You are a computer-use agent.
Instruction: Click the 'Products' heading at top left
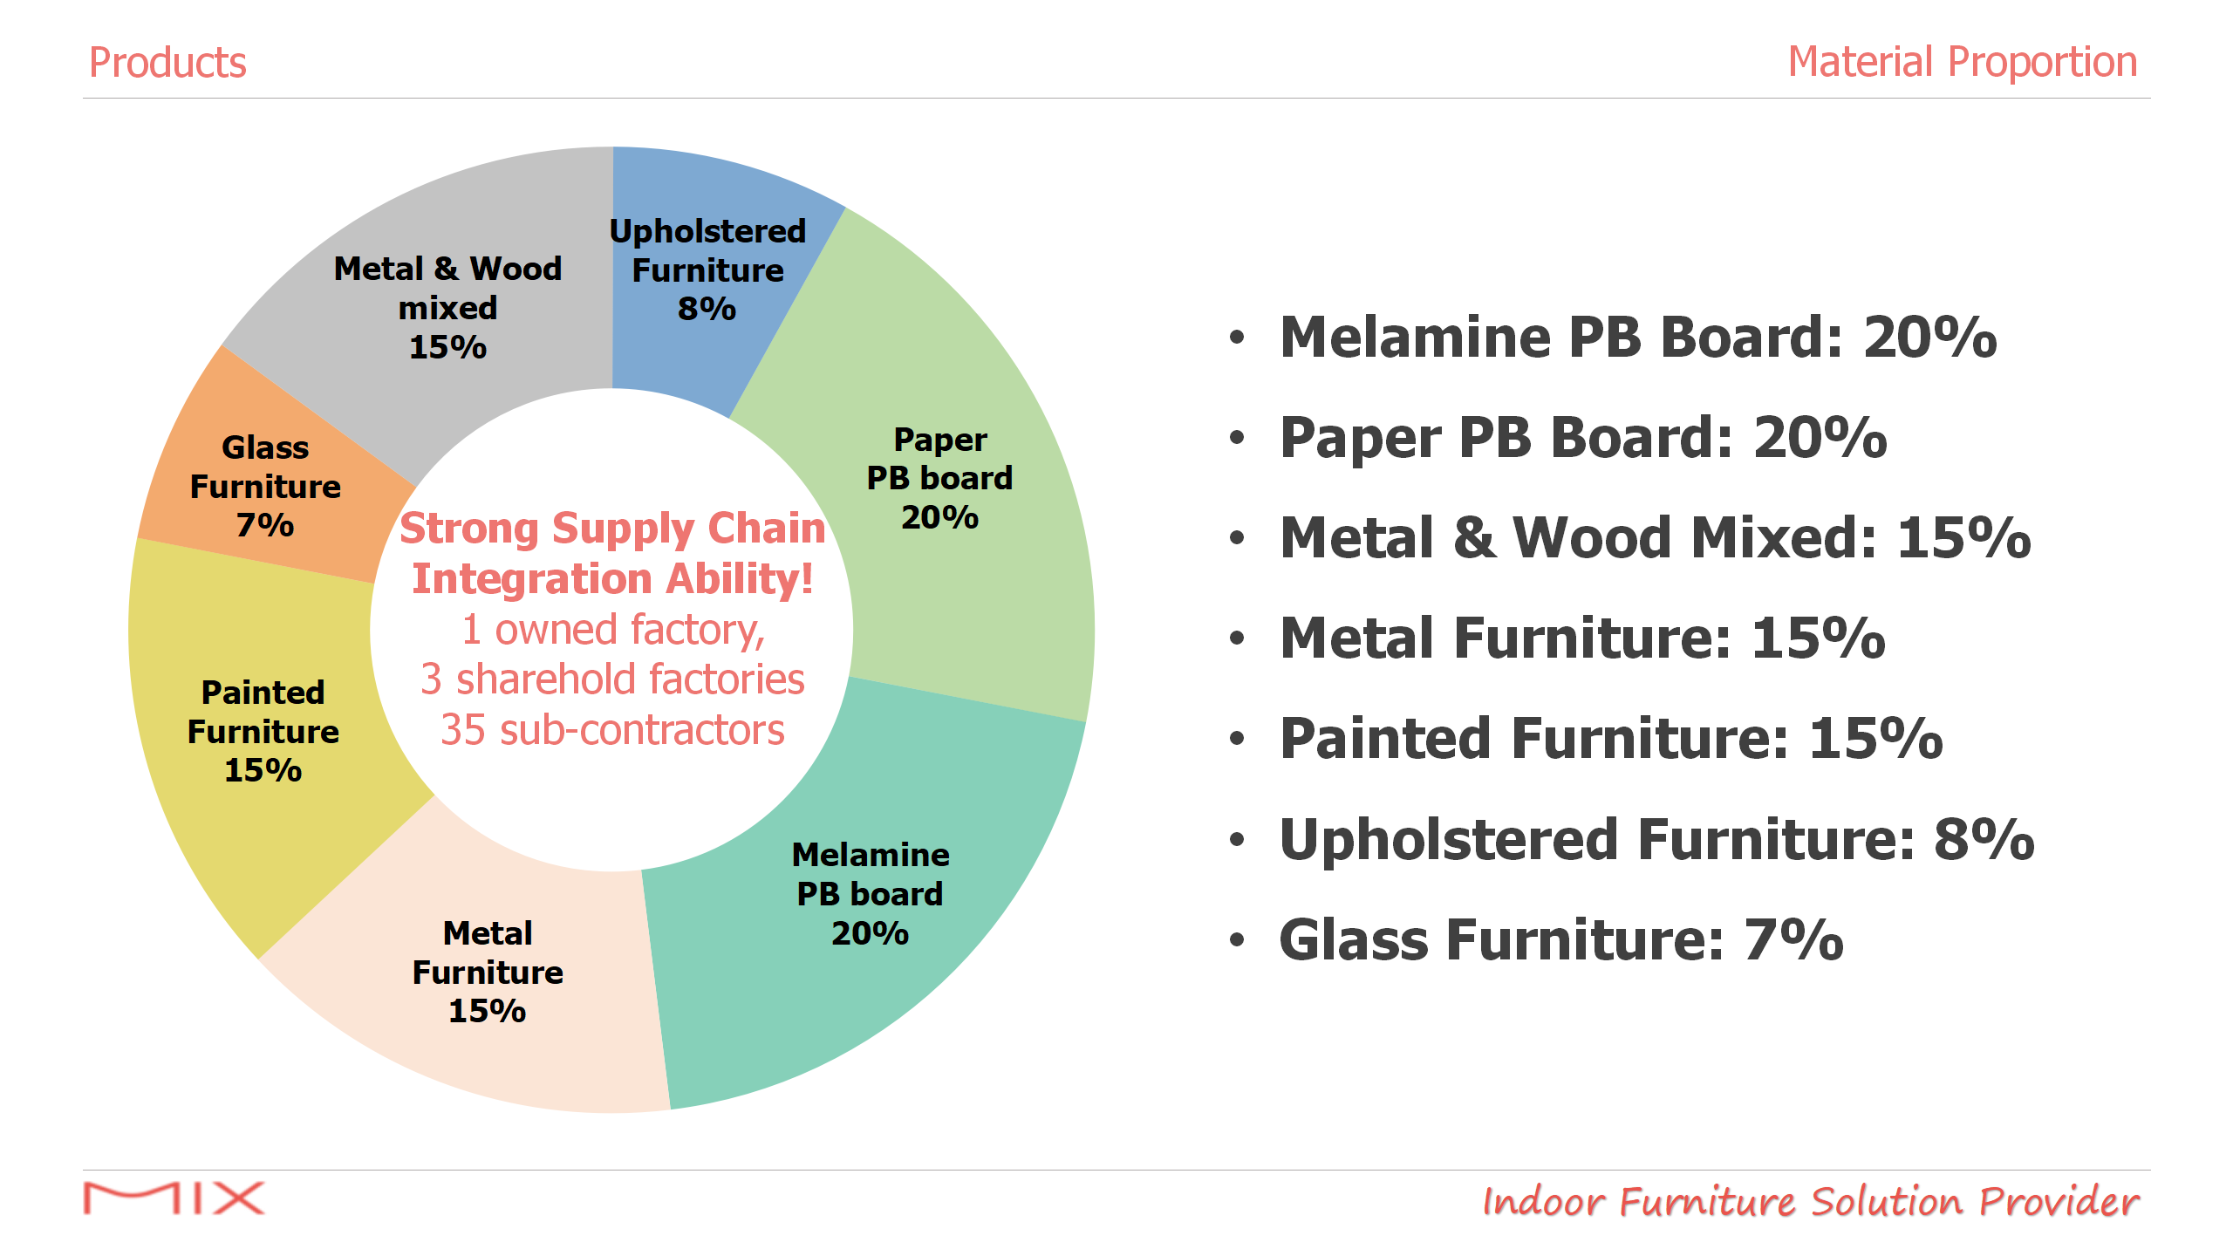(x=167, y=63)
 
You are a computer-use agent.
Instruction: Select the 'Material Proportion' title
(x=1963, y=63)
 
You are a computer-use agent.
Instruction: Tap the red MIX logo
(x=174, y=1198)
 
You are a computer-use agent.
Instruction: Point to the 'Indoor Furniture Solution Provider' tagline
(x=1811, y=1201)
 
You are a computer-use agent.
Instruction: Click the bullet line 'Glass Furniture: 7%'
(x=1561, y=939)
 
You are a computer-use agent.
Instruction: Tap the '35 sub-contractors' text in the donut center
(x=612, y=729)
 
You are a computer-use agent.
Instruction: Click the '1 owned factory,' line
(x=613, y=630)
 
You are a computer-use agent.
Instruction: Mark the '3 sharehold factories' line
(x=612, y=679)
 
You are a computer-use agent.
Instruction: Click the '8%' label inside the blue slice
(x=707, y=309)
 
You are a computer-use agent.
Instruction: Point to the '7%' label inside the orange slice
(x=265, y=525)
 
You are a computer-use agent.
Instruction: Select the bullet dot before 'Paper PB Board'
(x=1237, y=437)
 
